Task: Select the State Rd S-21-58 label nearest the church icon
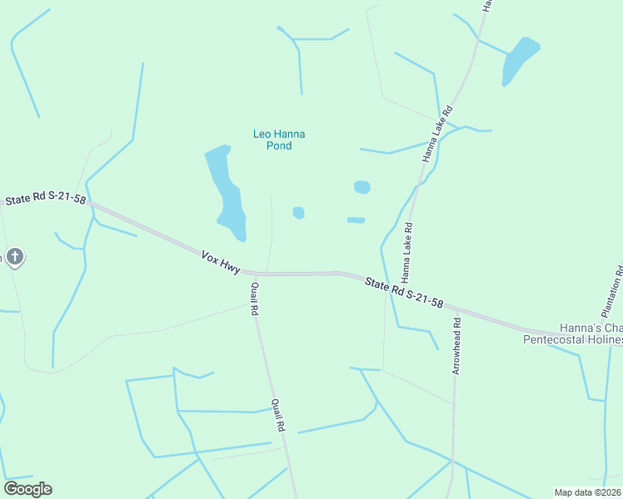tap(45, 200)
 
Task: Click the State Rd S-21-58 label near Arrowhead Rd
tap(403, 293)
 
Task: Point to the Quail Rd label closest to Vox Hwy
tap(254, 299)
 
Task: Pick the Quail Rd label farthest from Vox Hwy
tap(279, 414)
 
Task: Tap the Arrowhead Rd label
tap(456, 346)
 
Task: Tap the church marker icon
tap(14, 256)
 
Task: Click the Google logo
tap(27, 489)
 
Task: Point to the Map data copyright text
tap(588, 492)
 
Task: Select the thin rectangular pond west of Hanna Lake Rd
tap(356, 220)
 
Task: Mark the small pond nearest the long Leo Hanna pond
tap(298, 213)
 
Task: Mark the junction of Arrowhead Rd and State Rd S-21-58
tap(456, 310)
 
